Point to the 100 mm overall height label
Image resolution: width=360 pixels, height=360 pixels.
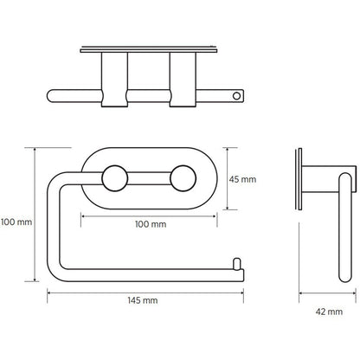tap(16, 222)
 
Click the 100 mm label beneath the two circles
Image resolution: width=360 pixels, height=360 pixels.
tap(151, 224)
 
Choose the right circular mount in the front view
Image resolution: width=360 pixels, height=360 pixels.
tap(181, 180)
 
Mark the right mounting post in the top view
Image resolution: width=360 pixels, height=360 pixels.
tap(183, 81)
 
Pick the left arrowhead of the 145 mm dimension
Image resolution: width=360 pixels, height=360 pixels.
tap(48, 291)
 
